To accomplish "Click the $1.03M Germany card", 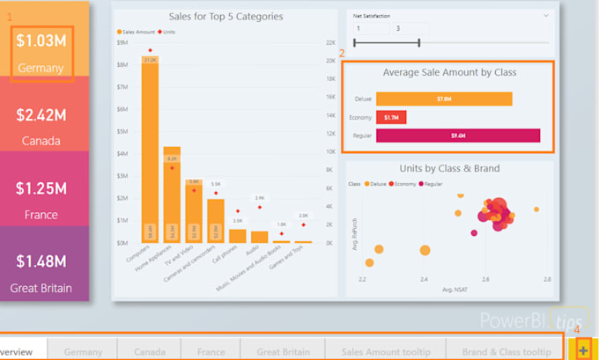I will pyautogui.click(x=41, y=52).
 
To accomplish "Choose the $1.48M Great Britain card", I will pyautogui.click(x=41, y=272).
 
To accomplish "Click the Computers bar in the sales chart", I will pyautogui.click(x=150, y=150).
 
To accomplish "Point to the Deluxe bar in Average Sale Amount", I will pyautogui.click(x=444, y=99).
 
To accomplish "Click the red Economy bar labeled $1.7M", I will pyautogui.click(x=391, y=117).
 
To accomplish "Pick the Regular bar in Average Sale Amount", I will pyautogui.click(x=457, y=136).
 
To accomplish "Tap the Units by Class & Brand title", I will pyautogui.click(x=448, y=168).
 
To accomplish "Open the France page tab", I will pyautogui.click(x=211, y=351).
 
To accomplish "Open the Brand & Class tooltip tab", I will pyautogui.click(x=507, y=351).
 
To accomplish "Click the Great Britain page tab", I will pyautogui.click(x=283, y=351).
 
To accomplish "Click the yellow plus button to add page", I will pyautogui.click(x=583, y=349).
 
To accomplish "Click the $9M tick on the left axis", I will pyautogui.click(x=122, y=42).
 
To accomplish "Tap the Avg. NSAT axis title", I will pyautogui.click(x=454, y=289).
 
